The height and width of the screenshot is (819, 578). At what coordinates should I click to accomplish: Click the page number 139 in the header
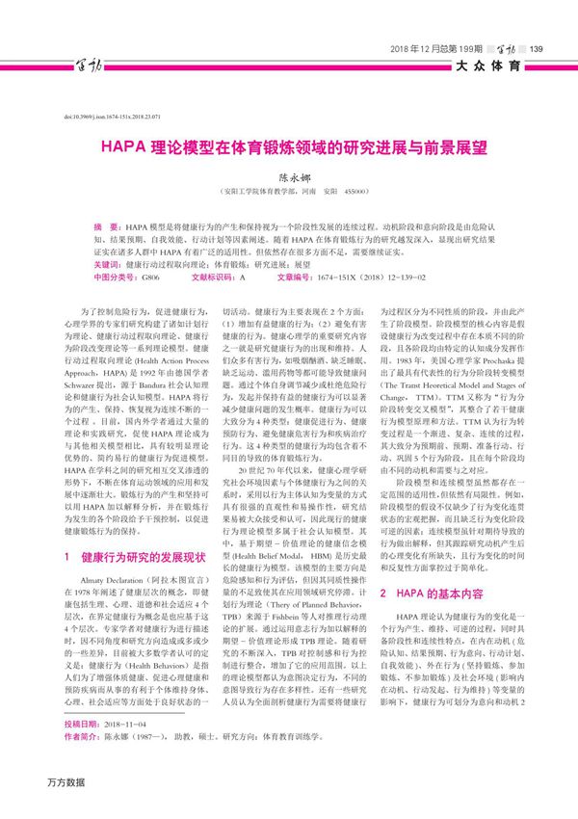point(538,49)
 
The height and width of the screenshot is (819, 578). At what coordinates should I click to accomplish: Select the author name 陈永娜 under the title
point(289,178)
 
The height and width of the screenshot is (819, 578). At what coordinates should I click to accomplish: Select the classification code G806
point(150,276)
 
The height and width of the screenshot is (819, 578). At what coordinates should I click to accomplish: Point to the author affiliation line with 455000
point(289,192)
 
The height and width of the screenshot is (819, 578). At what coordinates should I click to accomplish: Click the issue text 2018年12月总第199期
point(434,49)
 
